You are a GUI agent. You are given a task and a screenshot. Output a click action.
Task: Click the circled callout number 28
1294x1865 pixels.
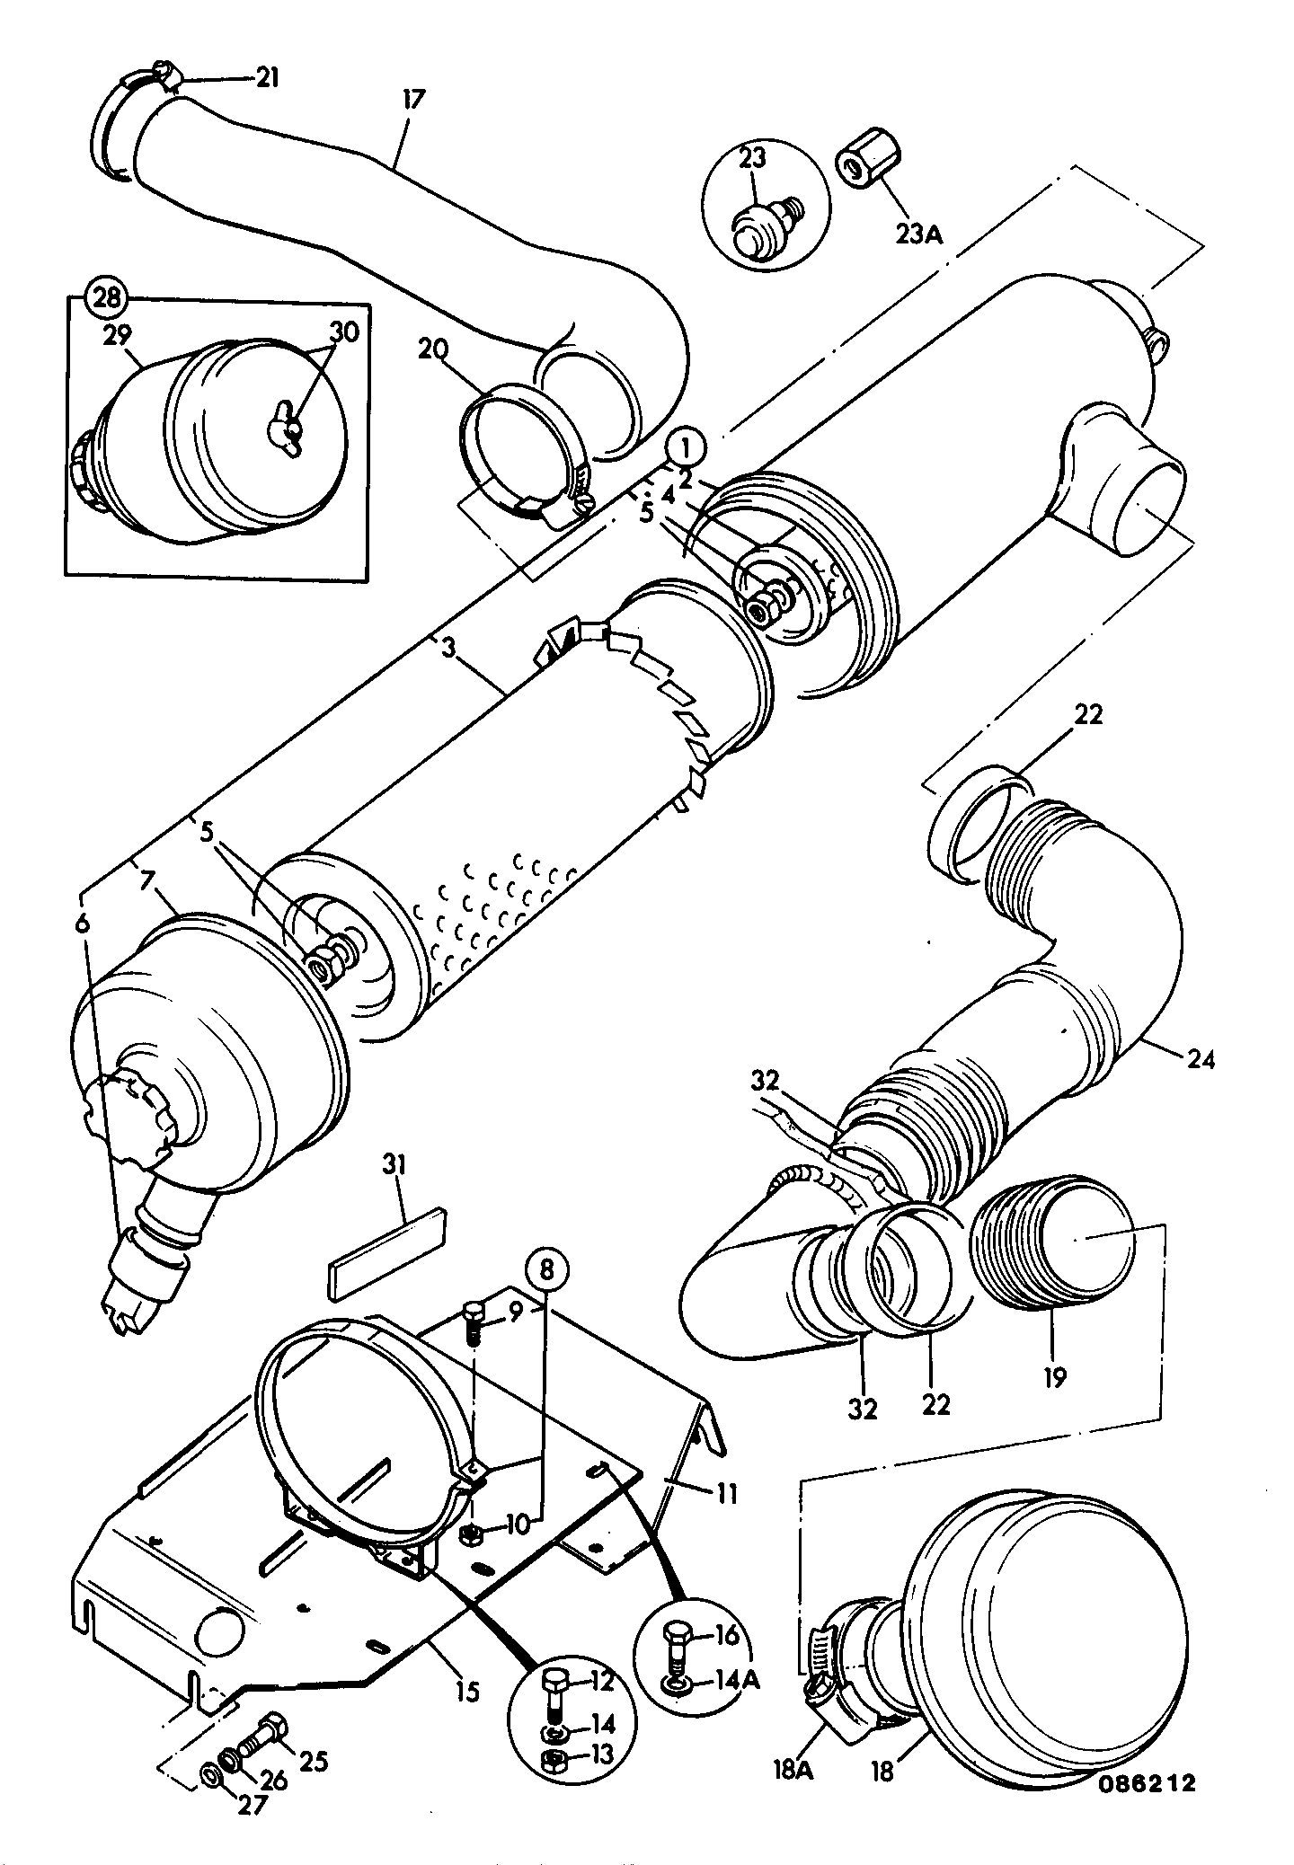pyautogui.click(x=107, y=298)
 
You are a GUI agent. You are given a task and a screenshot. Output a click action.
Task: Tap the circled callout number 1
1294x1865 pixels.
pyautogui.click(x=686, y=446)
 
